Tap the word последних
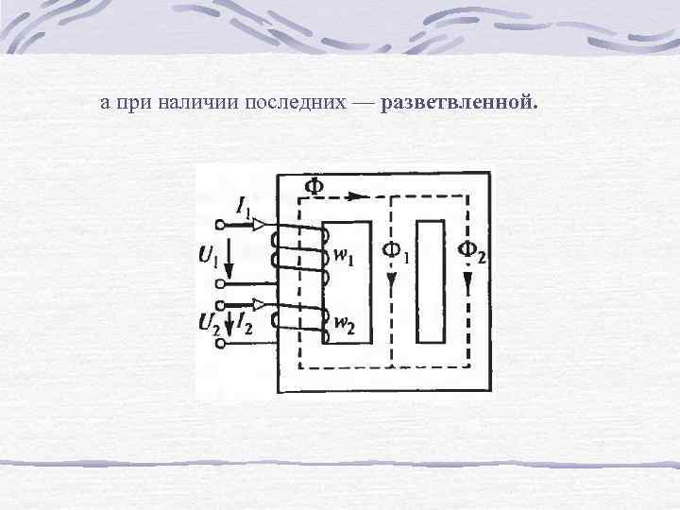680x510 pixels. [283, 102]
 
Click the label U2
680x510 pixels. [210, 324]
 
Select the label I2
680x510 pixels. [245, 324]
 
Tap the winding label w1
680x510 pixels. [343, 256]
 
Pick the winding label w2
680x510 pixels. [342, 326]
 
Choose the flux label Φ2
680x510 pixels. [471, 250]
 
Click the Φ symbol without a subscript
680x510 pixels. [312, 185]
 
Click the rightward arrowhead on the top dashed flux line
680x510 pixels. [354, 197]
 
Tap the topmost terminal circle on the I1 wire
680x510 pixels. [221, 225]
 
